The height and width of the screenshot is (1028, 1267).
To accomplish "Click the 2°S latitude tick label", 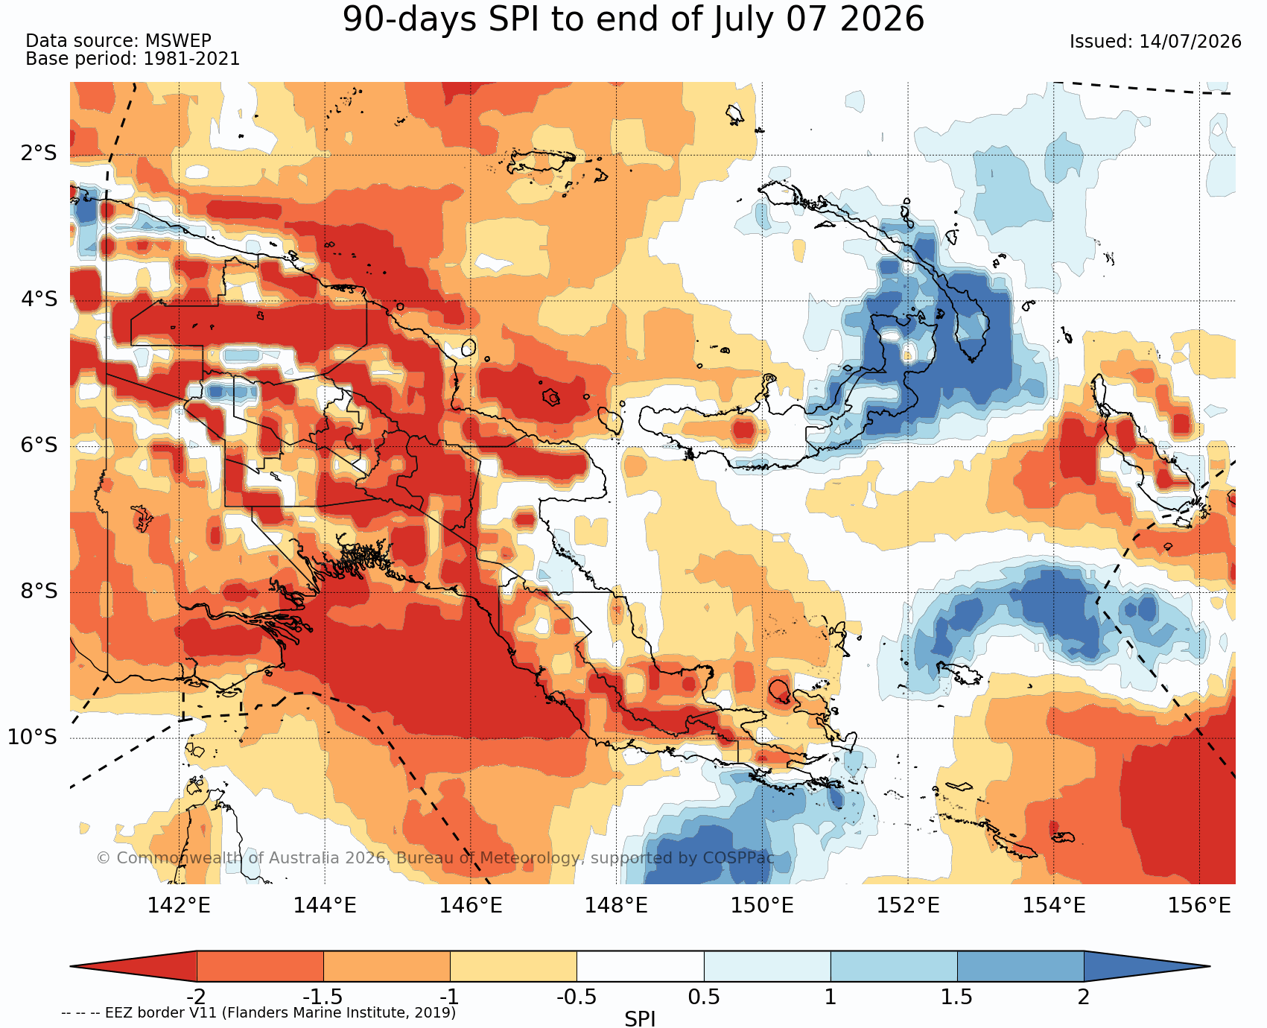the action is click(x=39, y=154).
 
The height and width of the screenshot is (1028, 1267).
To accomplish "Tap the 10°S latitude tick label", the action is click(x=32, y=737).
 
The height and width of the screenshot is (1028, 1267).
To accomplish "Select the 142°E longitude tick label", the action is click(x=179, y=906).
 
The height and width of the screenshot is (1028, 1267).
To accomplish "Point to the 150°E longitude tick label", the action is click(x=762, y=906).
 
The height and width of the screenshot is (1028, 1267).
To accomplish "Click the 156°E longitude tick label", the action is click(x=1199, y=906).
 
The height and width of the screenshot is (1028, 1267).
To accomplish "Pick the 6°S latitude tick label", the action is click(x=39, y=445).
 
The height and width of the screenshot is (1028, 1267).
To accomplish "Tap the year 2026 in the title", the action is click(x=882, y=19).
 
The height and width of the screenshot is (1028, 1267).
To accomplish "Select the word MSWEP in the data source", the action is click(x=178, y=41).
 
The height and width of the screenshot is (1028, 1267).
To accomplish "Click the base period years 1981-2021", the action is click(x=191, y=59).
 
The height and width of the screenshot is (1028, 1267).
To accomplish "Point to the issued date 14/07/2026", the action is click(x=1190, y=42).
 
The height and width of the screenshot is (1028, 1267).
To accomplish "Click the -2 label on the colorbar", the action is click(x=196, y=996).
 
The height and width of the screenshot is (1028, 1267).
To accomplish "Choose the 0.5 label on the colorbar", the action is click(x=704, y=996).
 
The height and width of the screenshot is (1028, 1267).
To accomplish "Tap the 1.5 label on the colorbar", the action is click(x=957, y=996).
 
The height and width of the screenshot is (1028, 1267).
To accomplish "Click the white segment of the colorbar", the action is click(x=641, y=966).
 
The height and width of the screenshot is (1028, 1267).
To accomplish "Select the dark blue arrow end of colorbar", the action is click(x=1140, y=966).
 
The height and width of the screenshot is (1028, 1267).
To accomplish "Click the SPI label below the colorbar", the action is click(x=640, y=1018).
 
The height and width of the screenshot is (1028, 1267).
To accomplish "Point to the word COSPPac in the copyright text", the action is click(x=737, y=858).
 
